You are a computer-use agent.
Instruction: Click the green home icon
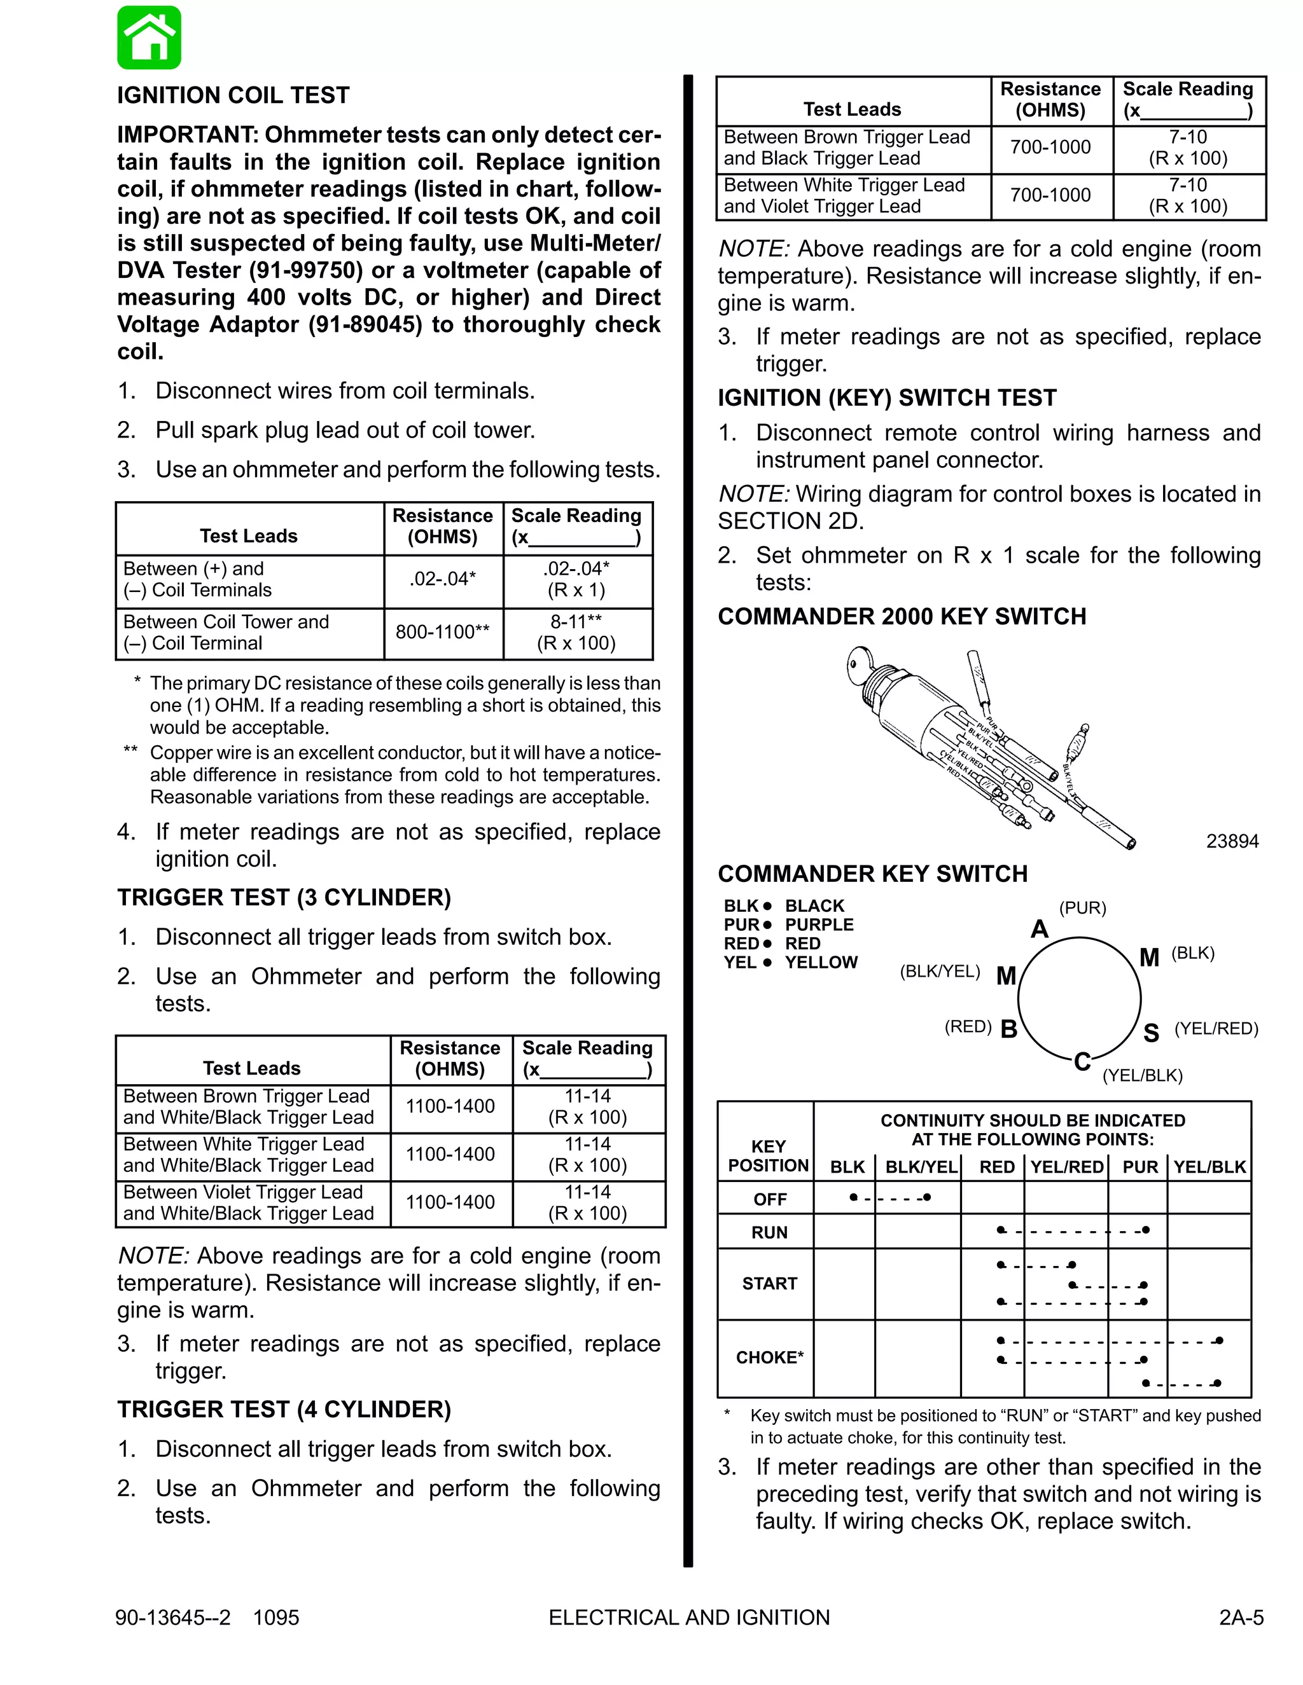click(x=149, y=38)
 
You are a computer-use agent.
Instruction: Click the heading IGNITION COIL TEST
click(x=233, y=95)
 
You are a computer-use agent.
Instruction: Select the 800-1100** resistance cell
click(x=442, y=632)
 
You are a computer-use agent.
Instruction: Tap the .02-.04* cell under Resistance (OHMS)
click(x=442, y=579)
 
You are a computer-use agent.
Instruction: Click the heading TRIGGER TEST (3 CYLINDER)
click(x=284, y=897)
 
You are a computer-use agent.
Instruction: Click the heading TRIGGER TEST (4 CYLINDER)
click(x=284, y=1410)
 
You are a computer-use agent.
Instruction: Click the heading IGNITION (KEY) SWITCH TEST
click(x=887, y=397)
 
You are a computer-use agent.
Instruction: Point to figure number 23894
click(x=1232, y=841)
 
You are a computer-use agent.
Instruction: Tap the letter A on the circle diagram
click(x=1039, y=929)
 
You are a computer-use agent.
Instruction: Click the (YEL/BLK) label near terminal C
click(x=1141, y=1075)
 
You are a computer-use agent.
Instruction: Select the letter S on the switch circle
click(x=1150, y=1033)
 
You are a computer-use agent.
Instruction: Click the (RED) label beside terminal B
click(x=967, y=1026)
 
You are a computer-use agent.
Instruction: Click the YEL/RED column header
click(x=1066, y=1167)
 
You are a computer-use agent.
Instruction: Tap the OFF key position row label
click(x=770, y=1199)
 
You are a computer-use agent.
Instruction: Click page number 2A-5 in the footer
click(x=1241, y=1617)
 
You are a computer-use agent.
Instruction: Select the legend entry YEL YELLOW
click(x=790, y=962)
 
